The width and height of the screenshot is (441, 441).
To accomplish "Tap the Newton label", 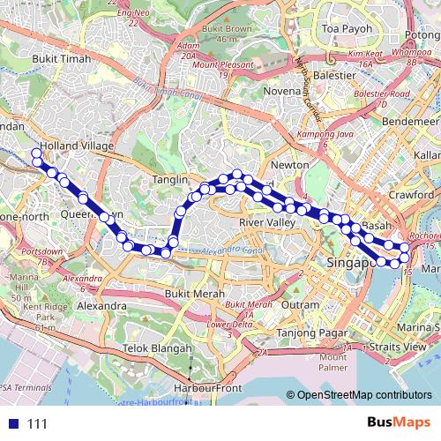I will pyautogui.click(x=290, y=165).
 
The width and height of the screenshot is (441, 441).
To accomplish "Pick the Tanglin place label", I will pyautogui.click(x=171, y=179).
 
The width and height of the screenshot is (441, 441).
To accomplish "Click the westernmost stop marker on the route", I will pyautogui.click(x=37, y=154).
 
